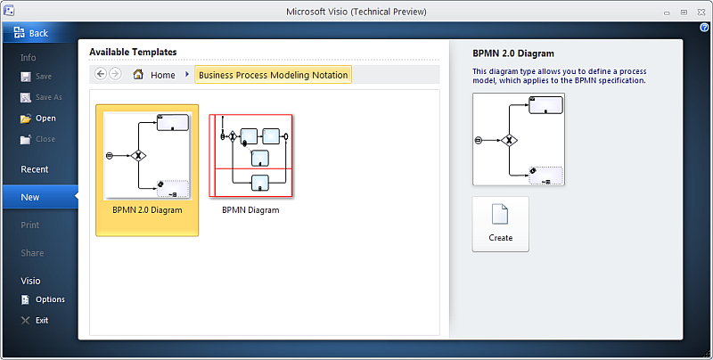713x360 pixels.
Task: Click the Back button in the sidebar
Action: (32, 33)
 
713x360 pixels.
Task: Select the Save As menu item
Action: (41, 97)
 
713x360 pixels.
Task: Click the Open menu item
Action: (38, 119)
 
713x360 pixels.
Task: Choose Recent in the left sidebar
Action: (35, 169)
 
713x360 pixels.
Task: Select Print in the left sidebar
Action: (30, 225)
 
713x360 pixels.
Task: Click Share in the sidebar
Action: (32, 253)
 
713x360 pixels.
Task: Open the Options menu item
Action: (43, 299)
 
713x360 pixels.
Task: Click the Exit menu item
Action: (35, 321)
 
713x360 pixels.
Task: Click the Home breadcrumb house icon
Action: (138, 74)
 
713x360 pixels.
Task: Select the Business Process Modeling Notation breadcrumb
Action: (274, 75)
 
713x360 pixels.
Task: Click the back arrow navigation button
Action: (101, 74)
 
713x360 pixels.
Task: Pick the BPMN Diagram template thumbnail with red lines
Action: (251, 155)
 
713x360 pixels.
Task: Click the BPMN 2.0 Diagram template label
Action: (147, 210)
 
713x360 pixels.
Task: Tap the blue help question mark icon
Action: (704, 28)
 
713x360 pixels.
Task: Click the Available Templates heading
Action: (133, 52)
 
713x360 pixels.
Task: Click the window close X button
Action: (701, 12)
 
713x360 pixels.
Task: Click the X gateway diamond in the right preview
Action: (509, 141)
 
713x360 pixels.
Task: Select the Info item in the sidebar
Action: (29, 58)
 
